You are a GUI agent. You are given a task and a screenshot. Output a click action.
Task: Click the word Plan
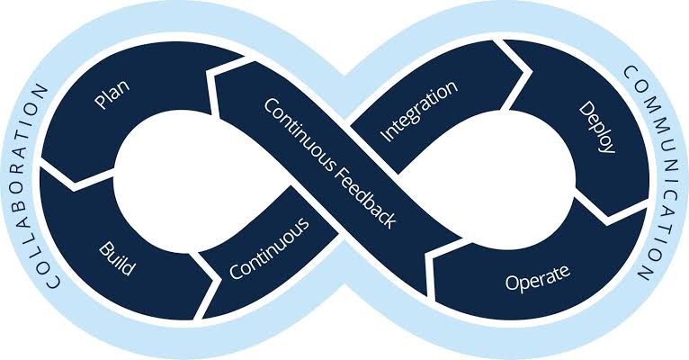point(112,94)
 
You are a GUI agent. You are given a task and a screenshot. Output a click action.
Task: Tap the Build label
point(117,258)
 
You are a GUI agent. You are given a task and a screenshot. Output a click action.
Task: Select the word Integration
point(419,112)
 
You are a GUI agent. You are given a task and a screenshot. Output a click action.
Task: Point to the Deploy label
point(596,128)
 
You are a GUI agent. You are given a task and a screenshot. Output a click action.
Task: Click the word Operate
point(537,278)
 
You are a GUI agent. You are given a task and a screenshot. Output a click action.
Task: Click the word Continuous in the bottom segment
point(269,248)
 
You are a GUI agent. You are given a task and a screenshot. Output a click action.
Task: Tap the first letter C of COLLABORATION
point(54,282)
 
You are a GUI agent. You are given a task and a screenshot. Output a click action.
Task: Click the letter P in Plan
point(100,102)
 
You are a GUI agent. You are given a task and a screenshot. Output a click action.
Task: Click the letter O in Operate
point(513,283)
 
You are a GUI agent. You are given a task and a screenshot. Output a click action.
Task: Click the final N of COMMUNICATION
point(645,273)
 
